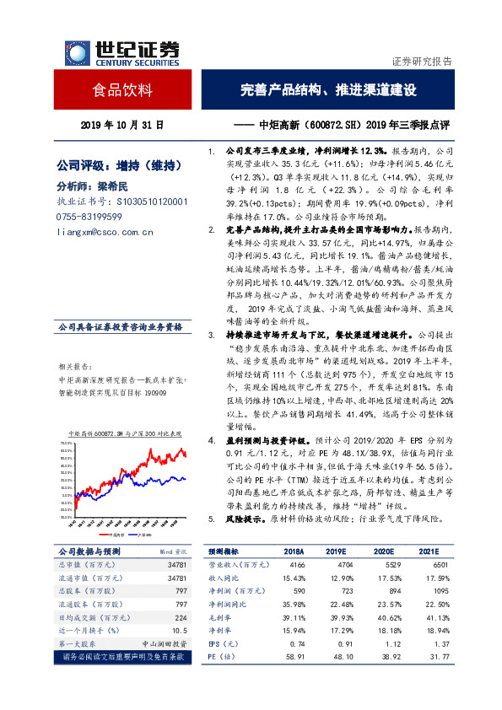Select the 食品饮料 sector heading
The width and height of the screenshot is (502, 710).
(121, 89)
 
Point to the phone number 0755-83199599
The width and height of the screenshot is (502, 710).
(88, 217)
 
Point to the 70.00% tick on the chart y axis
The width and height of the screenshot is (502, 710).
(64, 442)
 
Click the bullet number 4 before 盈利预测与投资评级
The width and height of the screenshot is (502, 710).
(211, 441)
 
